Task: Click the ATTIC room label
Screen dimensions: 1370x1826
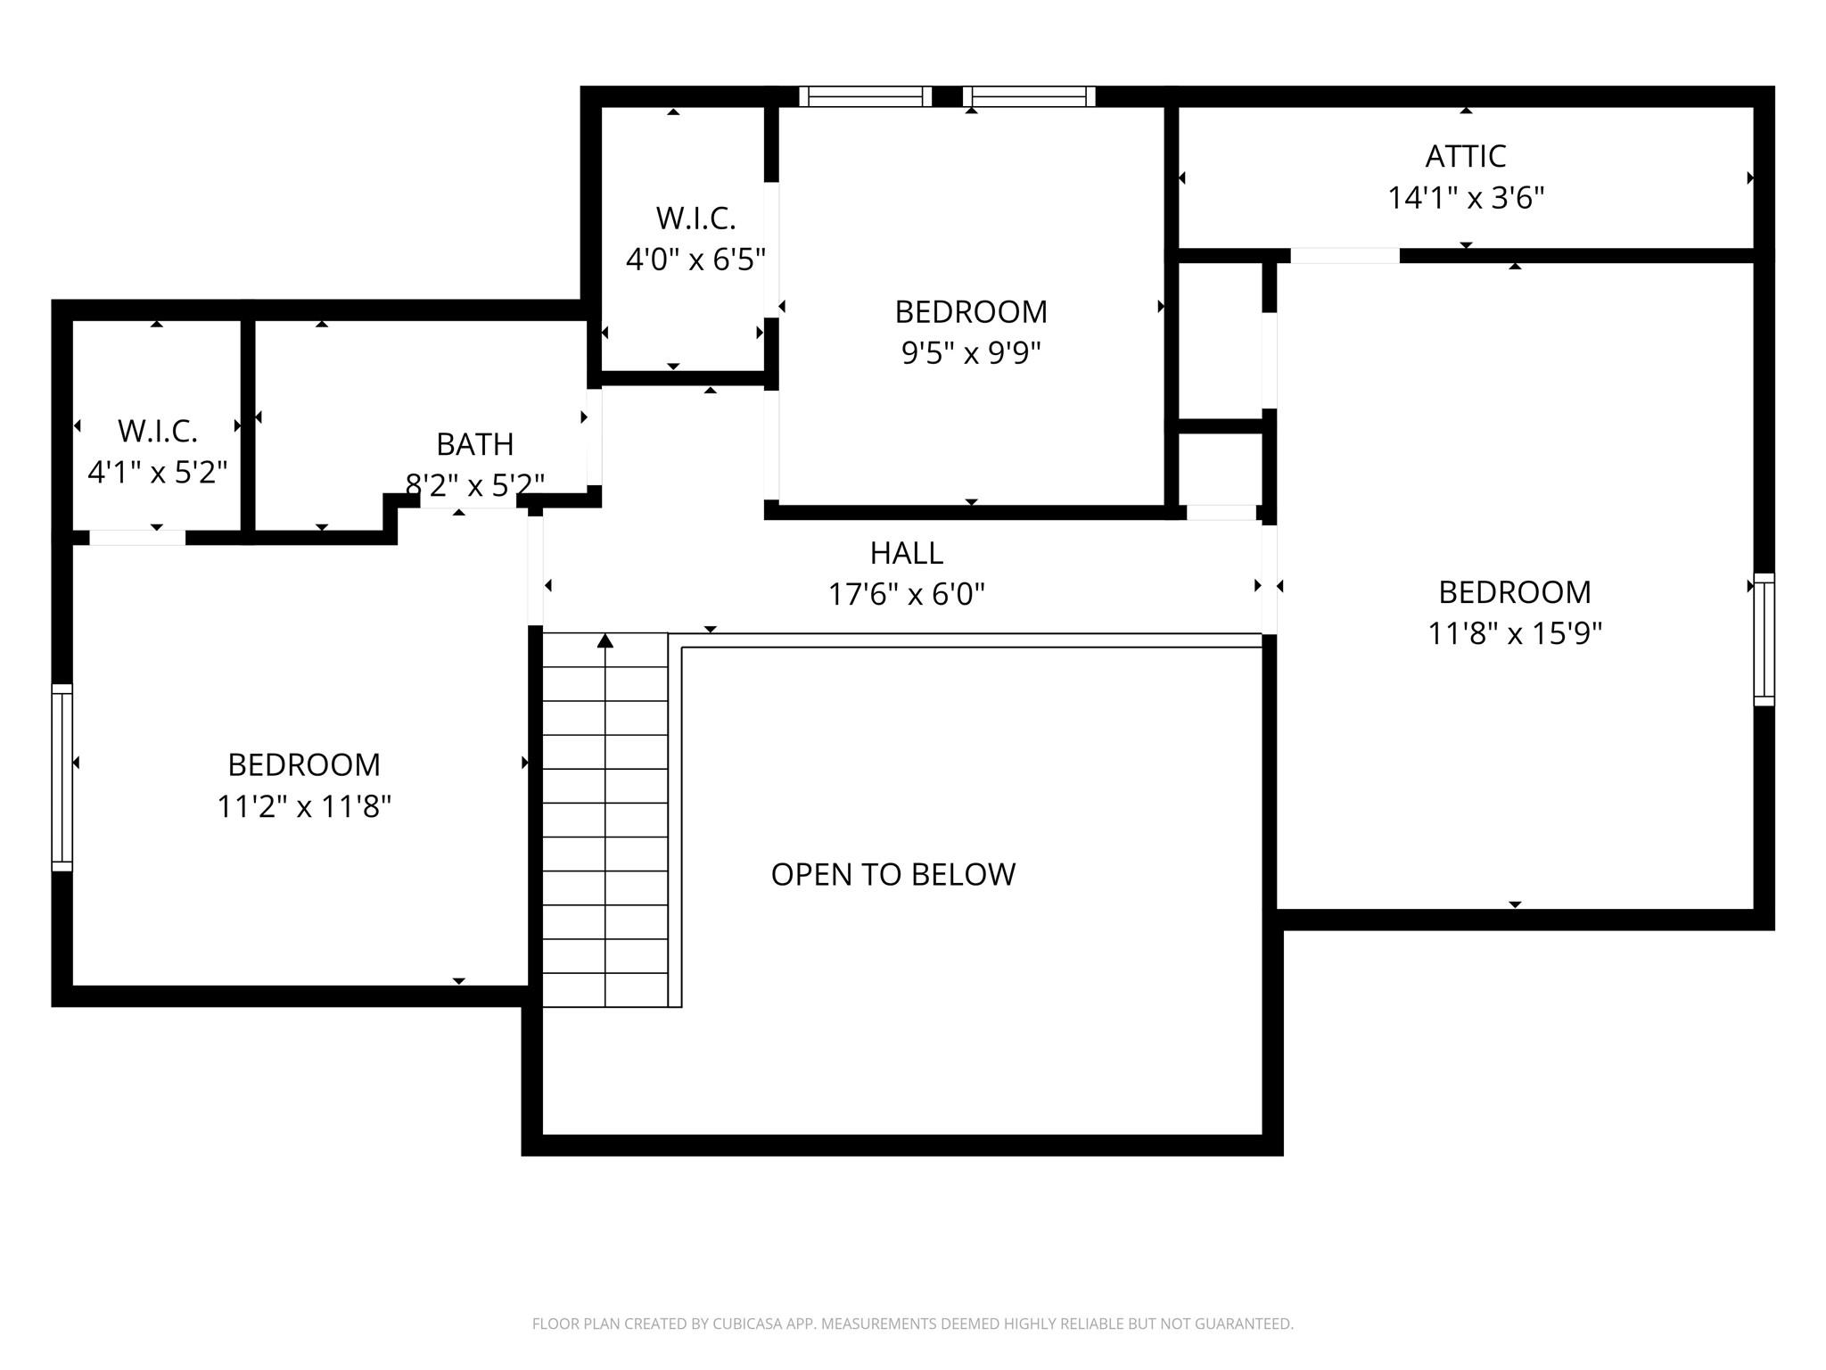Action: tap(1465, 157)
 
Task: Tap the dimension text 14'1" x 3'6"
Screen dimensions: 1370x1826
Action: tap(1465, 198)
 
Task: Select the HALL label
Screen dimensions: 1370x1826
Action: tap(906, 554)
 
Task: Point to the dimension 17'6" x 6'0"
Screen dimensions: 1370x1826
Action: tap(906, 595)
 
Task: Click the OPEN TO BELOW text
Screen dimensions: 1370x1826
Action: tap(892, 875)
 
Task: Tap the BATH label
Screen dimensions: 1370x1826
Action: tap(474, 444)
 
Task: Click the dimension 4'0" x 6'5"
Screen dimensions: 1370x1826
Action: tap(695, 260)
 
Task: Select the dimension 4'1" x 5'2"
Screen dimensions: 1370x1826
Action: tap(157, 473)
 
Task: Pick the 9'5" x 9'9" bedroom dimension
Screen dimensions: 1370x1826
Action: tap(971, 354)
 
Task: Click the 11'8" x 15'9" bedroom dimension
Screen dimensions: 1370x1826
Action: tap(1515, 634)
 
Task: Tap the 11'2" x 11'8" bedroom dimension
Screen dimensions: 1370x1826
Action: tap(304, 807)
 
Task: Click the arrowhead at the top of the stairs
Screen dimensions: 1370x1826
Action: tap(605, 640)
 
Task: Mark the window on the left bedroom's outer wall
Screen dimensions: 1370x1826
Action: tap(62, 777)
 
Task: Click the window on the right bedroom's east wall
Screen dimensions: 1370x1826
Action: tap(1764, 640)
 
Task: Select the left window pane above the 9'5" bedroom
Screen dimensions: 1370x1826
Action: tap(864, 96)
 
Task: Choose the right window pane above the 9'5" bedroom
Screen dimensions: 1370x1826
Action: tap(1028, 96)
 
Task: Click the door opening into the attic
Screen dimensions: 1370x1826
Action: tap(1345, 256)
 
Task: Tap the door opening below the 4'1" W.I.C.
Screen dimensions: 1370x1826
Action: tap(137, 538)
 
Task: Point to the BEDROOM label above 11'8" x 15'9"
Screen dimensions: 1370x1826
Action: tap(1514, 593)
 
